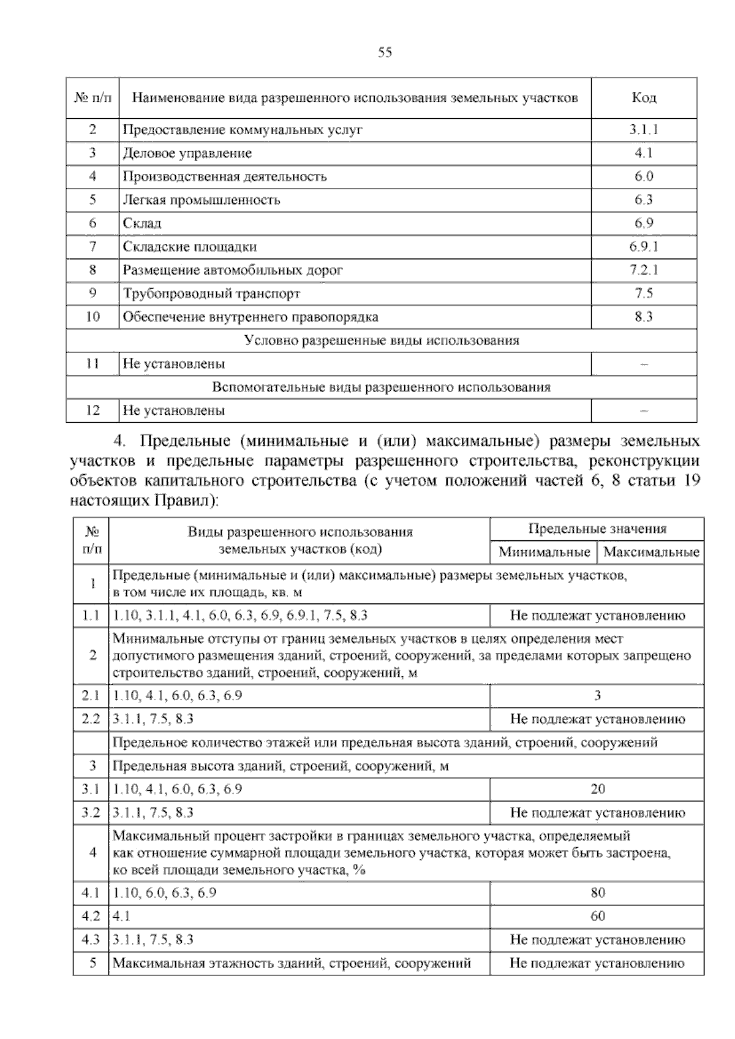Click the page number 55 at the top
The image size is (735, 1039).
pyautogui.click(x=385, y=53)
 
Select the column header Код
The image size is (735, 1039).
pyautogui.click(x=644, y=98)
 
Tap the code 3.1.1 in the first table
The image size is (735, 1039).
pyautogui.click(x=644, y=130)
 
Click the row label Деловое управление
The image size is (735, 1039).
pyautogui.click(x=187, y=153)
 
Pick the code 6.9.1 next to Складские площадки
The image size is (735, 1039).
pyautogui.click(x=644, y=247)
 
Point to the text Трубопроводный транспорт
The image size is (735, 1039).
pyautogui.click(x=211, y=293)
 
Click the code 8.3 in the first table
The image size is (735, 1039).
pyautogui.click(x=644, y=317)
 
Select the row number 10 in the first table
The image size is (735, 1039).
pyautogui.click(x=92, y=317)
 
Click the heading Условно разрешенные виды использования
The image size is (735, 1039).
pyautogui.click(x=381, y=341)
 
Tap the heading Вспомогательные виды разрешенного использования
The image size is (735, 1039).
pyautogui.click(x=381, y=387)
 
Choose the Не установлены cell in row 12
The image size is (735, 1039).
pyautogui.click(x=174, y=410)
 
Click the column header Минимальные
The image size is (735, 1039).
pyautogui.click(x=544, y=552)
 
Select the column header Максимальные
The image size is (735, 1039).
pyautogui.click(x=651, y=552)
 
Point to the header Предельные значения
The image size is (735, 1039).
pyautogui.click(x=597, y=529)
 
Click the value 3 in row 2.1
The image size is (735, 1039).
pyautogui.click(x=597, y=695)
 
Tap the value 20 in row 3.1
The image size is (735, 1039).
pyautogui.click(x=597, y=789)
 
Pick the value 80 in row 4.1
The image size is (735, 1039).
pyautogui.click(x=597, y=893)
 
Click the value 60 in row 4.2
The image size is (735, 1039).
pyautogui.click(x=597, y=916)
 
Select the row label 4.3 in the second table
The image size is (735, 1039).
pyautogui.click(x=91, y=939)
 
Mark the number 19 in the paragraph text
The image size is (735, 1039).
pyautogui.click(x=690, y=480)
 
